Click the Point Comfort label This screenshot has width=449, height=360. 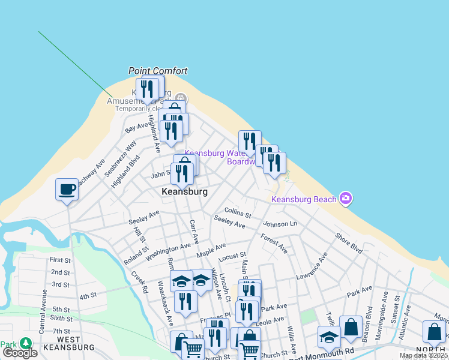(x=158, y=71)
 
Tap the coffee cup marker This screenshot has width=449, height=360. (x=67, y=190)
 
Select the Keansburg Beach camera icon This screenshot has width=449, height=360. (x=345, y=198)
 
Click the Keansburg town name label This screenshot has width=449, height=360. (x=184, y=191)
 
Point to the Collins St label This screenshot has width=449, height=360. (x=237, y=212)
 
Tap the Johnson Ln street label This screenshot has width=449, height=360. (x=280, y=224)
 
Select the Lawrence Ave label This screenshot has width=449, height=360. (x=312, y=266)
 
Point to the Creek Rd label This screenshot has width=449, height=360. (x=140, y=282)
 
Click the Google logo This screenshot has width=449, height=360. (x=20, y=353)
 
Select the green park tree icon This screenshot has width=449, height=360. (x=25, y=343)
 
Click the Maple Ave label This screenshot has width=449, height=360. (x=211, y=250)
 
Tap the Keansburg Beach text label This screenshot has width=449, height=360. (x=304, y=199)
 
